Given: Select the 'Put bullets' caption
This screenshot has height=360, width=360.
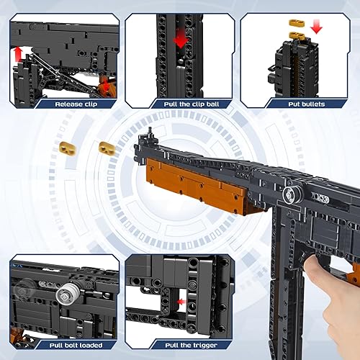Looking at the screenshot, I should coord(298,103).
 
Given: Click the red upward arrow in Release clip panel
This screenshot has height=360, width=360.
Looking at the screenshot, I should coord(17,54).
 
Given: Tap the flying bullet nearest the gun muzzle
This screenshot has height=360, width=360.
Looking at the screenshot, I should coord(107,148).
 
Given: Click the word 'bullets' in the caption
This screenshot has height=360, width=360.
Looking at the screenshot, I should coord(310,103).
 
